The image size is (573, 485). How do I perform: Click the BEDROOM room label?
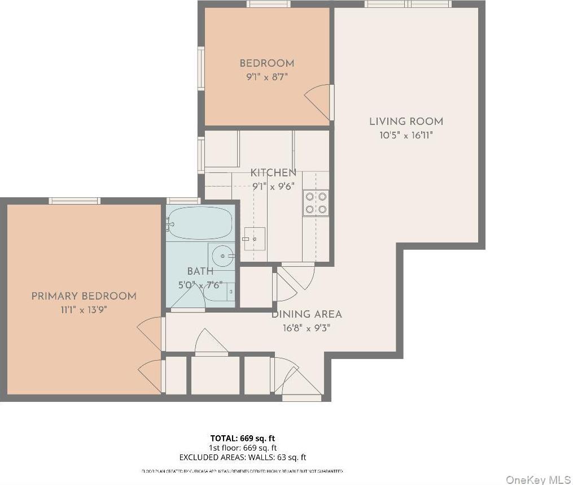coord(266,63)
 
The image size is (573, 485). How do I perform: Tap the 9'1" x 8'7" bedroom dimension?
coord(266,77)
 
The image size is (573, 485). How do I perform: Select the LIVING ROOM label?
coord(406,122)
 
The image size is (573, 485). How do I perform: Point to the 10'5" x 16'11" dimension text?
coord(406,136)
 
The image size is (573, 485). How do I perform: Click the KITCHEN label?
coord(273,173)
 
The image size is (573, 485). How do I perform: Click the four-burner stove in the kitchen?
coord(316,203)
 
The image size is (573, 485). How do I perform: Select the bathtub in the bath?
coord(200,223)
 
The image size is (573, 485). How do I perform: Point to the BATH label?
coord(200,272)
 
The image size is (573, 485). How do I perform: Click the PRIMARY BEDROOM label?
coord(84,296)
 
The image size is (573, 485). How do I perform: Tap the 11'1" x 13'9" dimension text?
coord(84,310)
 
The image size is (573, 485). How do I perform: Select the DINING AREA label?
coord(307,314)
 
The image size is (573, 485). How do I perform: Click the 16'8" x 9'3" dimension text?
coord(307,328)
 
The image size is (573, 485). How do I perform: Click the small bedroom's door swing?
coord(318,102)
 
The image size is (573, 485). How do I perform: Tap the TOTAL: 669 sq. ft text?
coord(243,438)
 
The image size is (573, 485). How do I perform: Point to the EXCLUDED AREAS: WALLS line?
coord(243,457)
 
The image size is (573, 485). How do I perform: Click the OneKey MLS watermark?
coord(538,480)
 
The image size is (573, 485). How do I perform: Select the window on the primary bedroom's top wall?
coord(75,201)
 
